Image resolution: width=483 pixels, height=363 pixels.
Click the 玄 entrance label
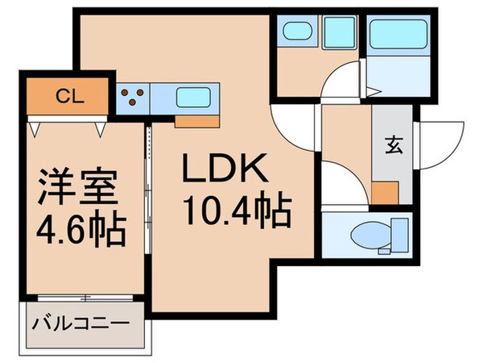(393, 147)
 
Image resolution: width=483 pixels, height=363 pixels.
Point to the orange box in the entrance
(384, 194)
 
